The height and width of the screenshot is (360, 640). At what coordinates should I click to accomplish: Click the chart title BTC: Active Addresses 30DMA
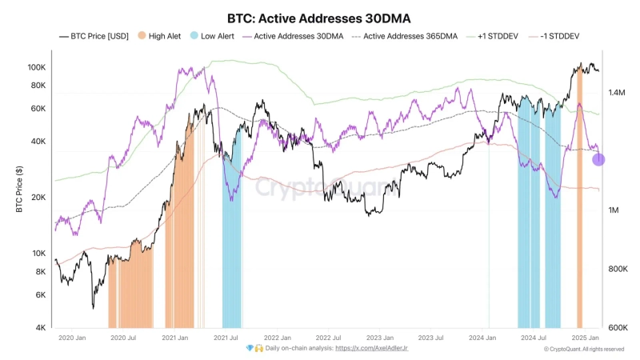[x=319, y=17]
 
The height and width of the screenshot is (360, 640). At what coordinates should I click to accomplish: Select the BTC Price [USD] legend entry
[x=94, y=36]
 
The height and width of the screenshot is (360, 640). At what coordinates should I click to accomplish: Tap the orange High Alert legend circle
[x=142, y=36]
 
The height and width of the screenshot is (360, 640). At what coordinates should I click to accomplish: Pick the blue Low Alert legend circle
[x=194, y=36]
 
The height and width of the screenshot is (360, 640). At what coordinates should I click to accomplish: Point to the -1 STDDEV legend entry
[x=559, y=36]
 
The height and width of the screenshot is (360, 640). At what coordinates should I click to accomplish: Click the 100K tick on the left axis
[x=37, y=67]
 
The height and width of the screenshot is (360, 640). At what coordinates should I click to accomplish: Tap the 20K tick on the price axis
[x=38, y=198]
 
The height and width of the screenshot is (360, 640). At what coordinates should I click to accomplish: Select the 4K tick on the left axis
[x=40, y=328]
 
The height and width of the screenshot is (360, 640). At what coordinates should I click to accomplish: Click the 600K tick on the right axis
[x=617, y=328]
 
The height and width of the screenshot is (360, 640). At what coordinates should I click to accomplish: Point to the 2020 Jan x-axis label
[x=72, y=338]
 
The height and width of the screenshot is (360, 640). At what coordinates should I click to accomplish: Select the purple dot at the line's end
[x=598, y=159]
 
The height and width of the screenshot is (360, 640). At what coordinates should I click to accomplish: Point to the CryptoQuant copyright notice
[x=583, y=349]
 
